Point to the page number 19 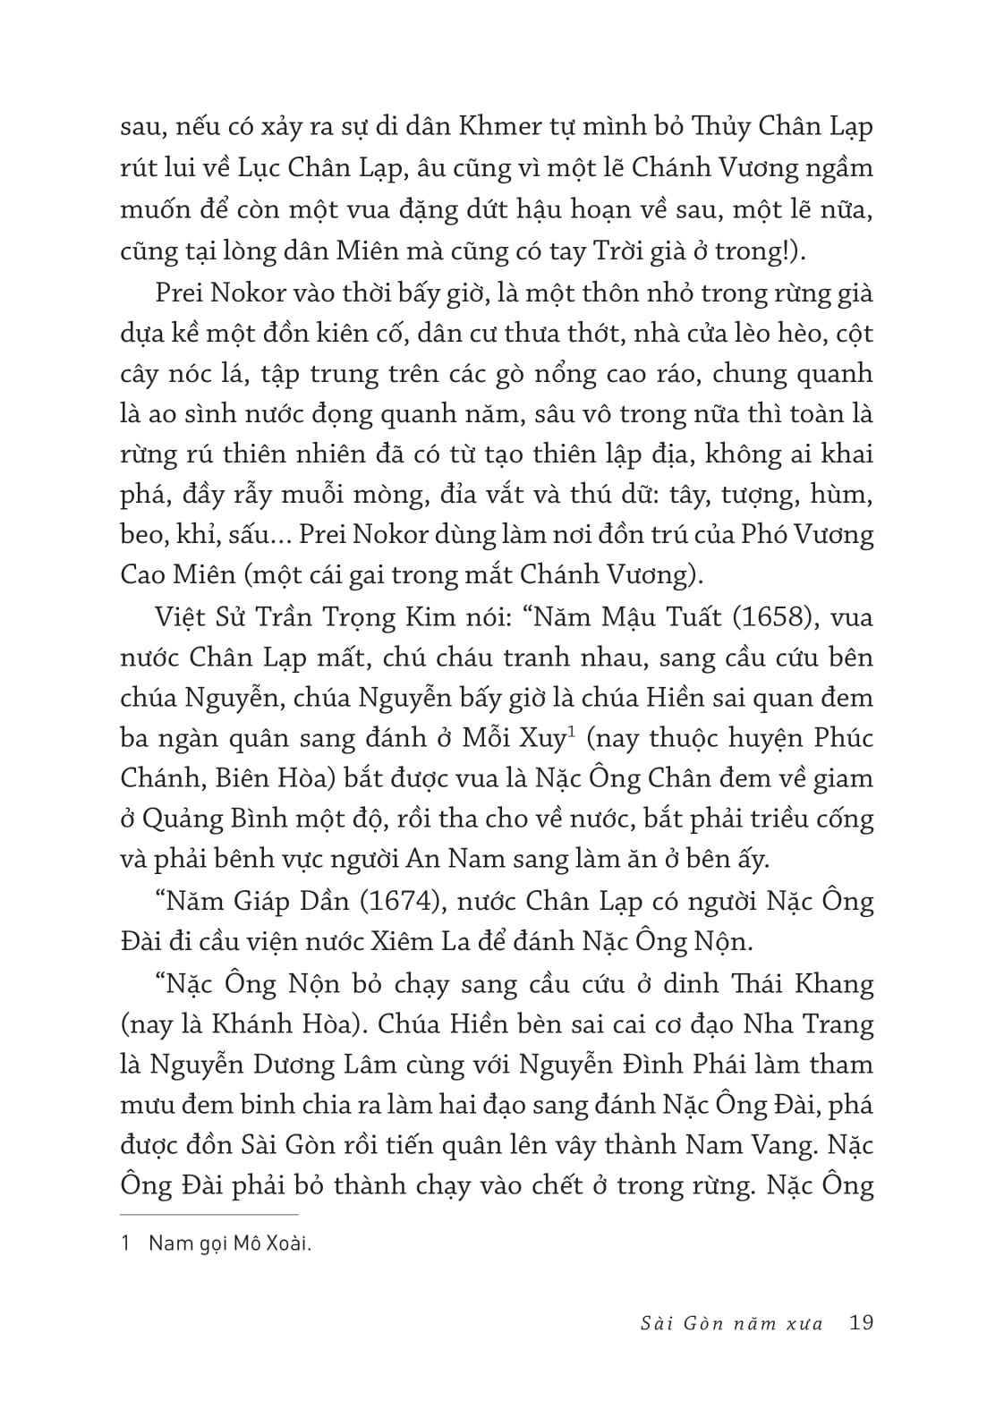tap(861, 1322)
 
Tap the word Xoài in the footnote tap(287, 1243)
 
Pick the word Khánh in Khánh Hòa tap(248, 1025)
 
